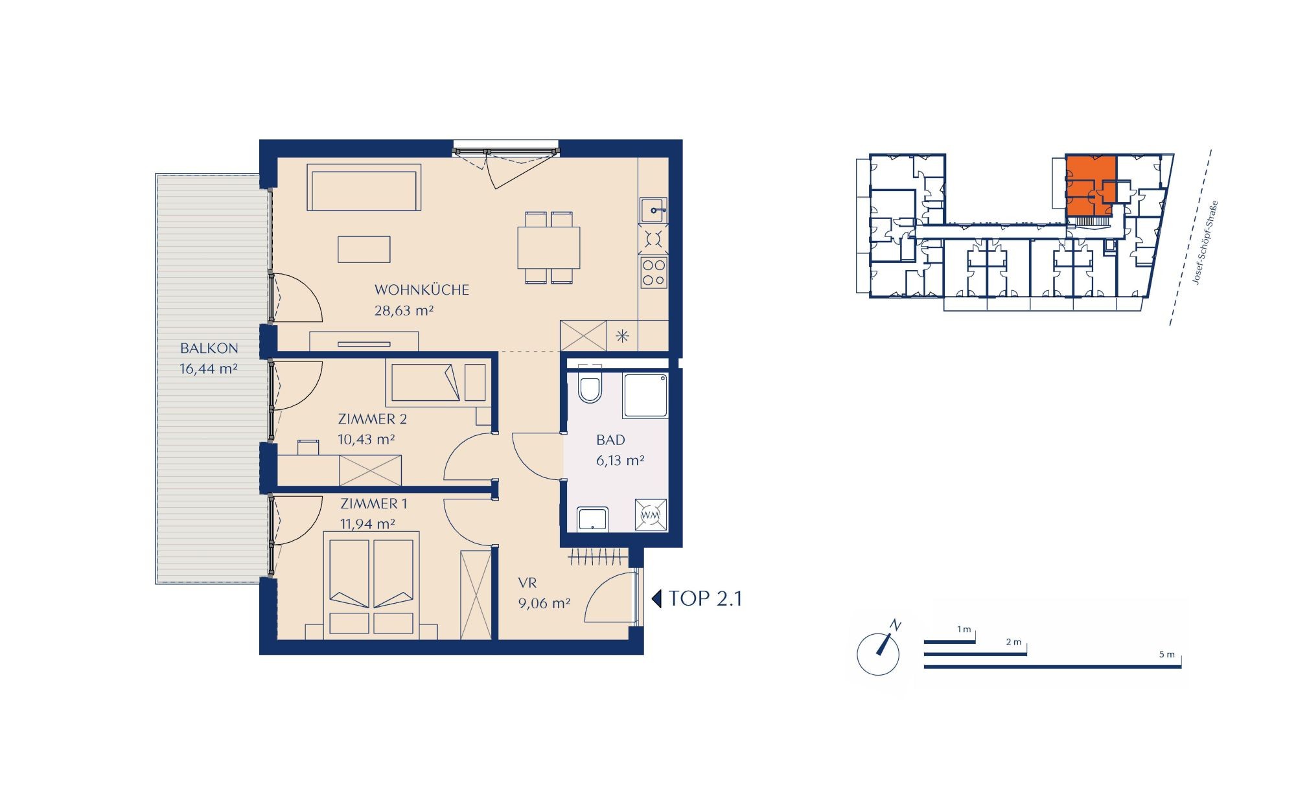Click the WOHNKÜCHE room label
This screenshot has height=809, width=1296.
[421, 290]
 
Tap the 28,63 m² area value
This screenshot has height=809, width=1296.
[404, 310]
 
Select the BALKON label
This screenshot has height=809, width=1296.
[209, 348]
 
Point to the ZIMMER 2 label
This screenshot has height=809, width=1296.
[372, 419]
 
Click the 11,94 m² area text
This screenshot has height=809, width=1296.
[367, 523]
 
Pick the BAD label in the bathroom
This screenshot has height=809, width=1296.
[610, 440]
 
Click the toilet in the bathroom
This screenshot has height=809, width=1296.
[590, 388]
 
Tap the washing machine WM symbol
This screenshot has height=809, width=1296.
[650, 514]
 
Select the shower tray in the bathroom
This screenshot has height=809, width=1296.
[645, 395]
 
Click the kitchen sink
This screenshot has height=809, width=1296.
[653, 210]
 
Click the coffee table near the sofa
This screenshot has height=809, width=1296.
[364, 249]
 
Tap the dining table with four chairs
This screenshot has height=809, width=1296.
[549, 247]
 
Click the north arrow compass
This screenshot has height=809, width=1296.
[879, 653]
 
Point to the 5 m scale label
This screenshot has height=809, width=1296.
[1166, 655]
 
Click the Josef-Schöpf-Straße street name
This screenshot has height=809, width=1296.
[1205, 243]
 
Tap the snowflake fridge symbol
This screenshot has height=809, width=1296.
[622, 336]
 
